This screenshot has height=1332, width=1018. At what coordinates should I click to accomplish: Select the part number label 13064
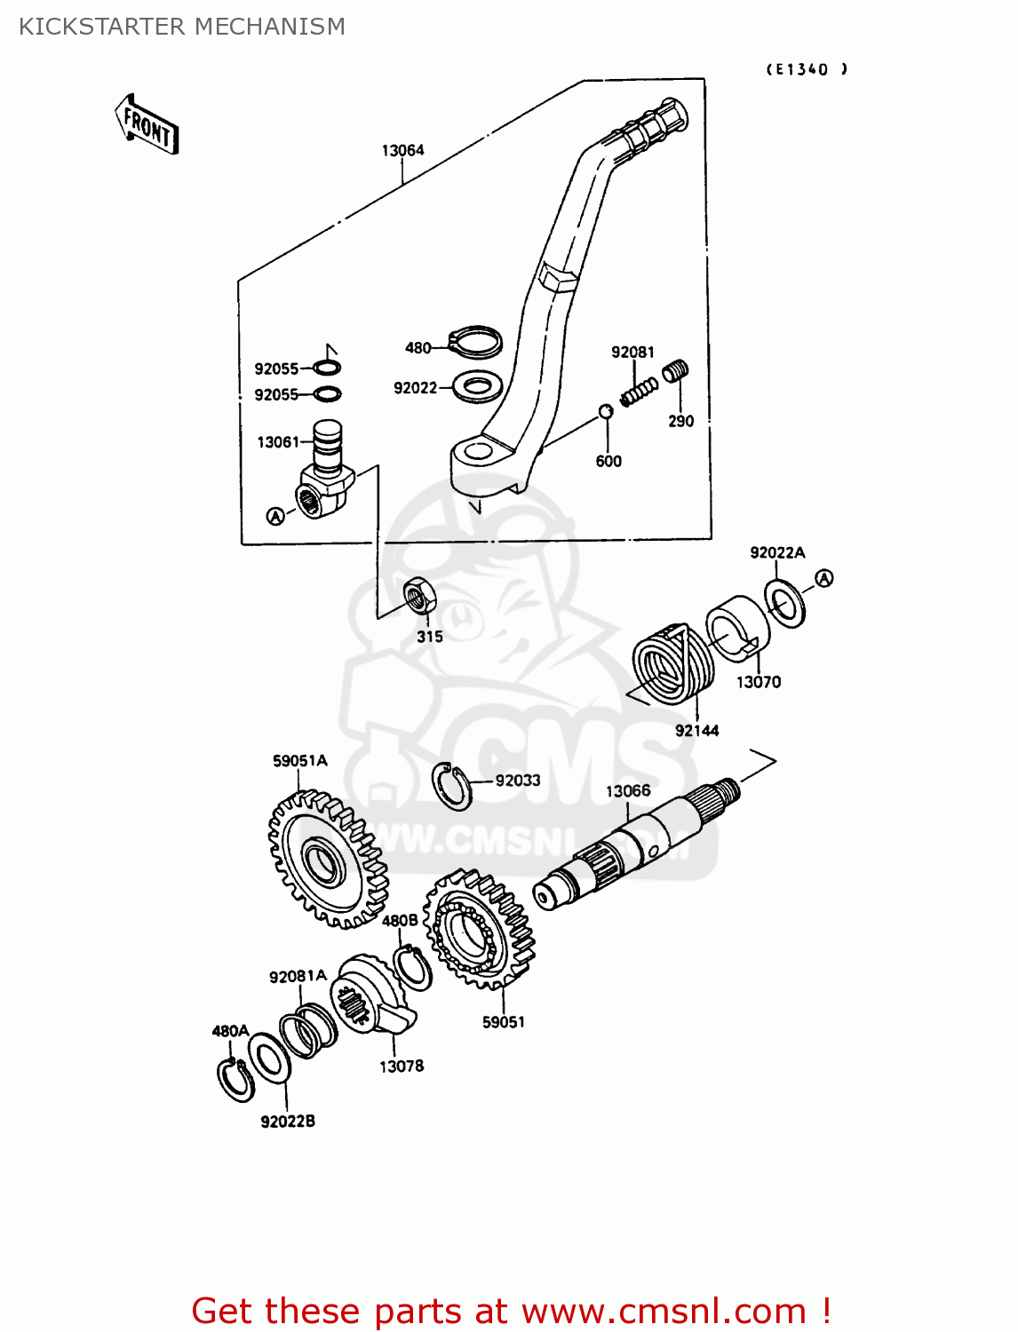tap(402, 150)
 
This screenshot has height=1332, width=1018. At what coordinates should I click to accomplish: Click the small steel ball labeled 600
tap(605, 411)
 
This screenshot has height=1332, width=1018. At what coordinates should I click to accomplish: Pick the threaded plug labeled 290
tap(676, 370)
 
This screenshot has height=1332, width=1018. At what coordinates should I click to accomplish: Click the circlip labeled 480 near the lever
tap(476, 341)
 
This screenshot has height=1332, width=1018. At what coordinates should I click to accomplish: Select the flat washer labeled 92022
tap(478, 386)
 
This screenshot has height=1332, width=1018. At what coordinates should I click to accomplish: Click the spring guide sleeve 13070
tap(737, 627)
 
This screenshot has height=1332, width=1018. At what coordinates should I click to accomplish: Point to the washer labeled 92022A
tap(784, 603)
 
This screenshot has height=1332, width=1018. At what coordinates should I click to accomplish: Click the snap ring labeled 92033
tap(451, 786)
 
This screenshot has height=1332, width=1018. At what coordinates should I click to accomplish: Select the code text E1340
tap(807, 69)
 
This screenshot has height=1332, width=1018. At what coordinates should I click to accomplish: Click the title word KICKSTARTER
tap(102, 27)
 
